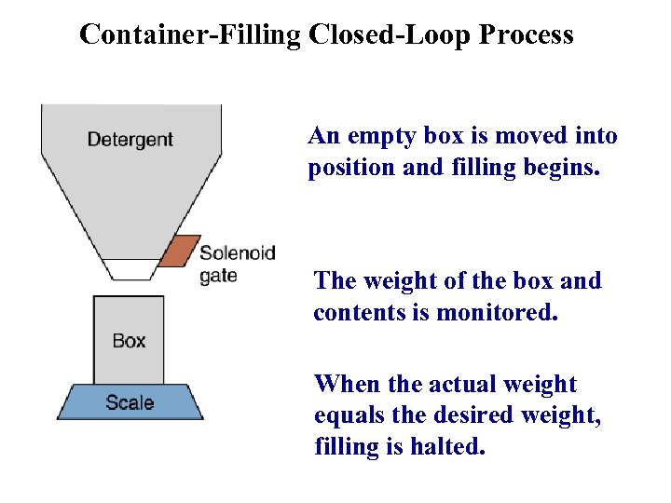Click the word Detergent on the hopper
(130, 140)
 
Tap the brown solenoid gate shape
(178, 251)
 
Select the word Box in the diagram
(129, 341)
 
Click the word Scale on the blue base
(130, 402)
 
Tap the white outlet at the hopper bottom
(131, 268)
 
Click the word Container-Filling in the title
(190, 35)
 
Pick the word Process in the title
(527, 35)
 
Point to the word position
(348, 169)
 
